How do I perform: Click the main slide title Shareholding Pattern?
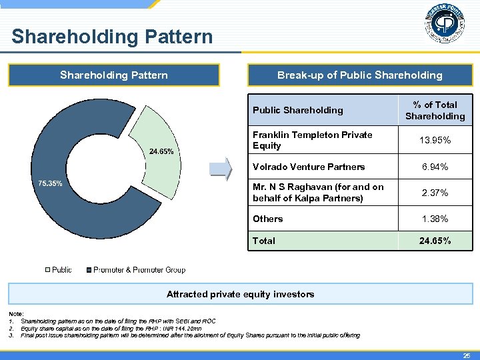click(x=112, y=36)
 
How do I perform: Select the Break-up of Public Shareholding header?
click(x=359, y=75)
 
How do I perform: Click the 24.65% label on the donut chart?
click(x=161, y=151)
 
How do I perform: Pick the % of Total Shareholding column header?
click(x=435, y=111)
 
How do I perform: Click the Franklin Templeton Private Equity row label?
click(x=312, y=140)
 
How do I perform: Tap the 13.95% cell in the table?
click(x=435, y=140)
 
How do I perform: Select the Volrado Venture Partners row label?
click(x=309, y=167)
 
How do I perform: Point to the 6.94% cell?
click(x=435, y=167)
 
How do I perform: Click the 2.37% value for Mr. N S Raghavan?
click(x=435, y=193)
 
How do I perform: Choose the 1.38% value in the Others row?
click(x=435, y=219)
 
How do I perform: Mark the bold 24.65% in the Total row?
click(x=435, y=241)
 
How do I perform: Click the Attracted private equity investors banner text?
click(x=240, y=294)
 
